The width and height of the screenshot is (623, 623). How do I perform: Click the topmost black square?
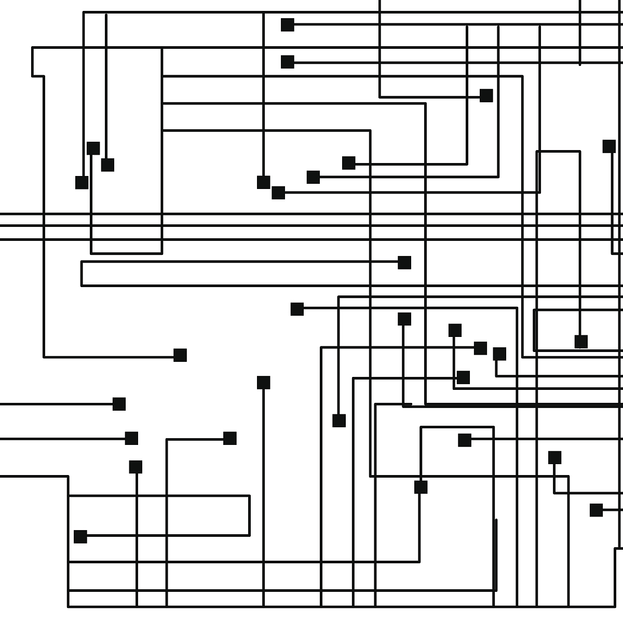coord(288,24)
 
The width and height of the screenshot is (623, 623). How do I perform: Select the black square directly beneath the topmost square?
coord(288,62)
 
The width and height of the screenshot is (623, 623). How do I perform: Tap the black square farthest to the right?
coord(609,146)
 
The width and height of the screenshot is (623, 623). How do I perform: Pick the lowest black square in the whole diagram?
coord(80,536)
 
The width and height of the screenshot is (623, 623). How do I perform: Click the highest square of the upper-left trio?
coord(93,148)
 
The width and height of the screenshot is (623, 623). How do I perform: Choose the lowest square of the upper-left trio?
coord(82,182)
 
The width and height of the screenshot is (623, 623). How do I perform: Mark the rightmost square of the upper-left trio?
coord(107,165)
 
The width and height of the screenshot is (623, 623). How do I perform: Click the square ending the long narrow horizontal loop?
coord(404,263)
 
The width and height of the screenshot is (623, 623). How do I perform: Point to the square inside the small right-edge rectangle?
coord(581,342)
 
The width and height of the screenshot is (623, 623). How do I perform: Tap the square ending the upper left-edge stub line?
coord(119,404)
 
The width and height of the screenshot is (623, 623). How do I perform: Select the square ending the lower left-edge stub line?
coord(132,439)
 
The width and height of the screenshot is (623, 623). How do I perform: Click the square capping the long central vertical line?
coord(264,383)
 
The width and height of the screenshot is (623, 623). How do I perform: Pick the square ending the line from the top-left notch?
coord(180,355)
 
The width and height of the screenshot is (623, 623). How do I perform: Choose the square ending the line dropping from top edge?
coord(486,96)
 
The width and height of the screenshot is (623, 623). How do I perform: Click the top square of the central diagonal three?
coord(349,163)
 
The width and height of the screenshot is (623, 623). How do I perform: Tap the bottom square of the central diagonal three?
coord(278,193)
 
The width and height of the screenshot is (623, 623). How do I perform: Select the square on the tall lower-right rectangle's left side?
coord(421,487)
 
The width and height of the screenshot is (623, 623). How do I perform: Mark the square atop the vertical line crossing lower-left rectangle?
coord(136,467)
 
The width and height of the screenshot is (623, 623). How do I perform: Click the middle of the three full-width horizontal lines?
coord(311,226)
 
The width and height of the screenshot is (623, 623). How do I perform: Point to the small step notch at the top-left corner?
coord(38,76)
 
